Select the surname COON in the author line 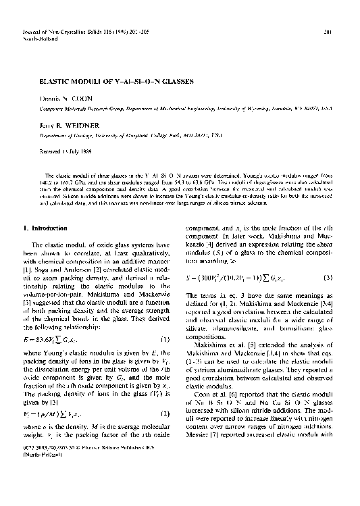tap(78, 98)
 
